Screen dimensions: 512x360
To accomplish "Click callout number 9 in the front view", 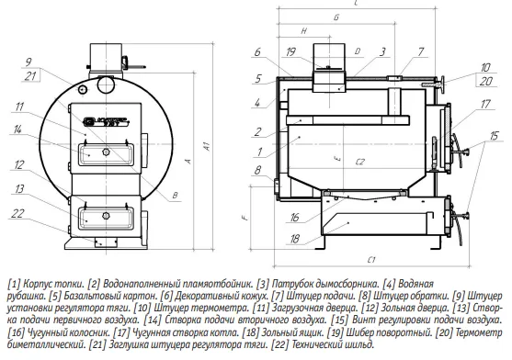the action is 28,62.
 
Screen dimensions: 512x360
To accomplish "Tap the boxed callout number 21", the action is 30,76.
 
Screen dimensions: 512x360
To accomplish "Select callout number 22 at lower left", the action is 17,213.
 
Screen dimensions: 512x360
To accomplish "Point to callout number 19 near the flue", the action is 290,51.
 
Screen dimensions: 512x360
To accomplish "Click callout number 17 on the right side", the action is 485,104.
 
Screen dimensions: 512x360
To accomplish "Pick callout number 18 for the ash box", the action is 294,239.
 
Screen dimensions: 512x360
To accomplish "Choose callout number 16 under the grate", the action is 294,217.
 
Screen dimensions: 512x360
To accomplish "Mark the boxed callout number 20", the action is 486,81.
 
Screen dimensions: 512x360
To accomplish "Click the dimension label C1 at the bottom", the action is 371,260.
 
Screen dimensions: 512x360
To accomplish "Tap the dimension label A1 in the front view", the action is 207,146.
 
